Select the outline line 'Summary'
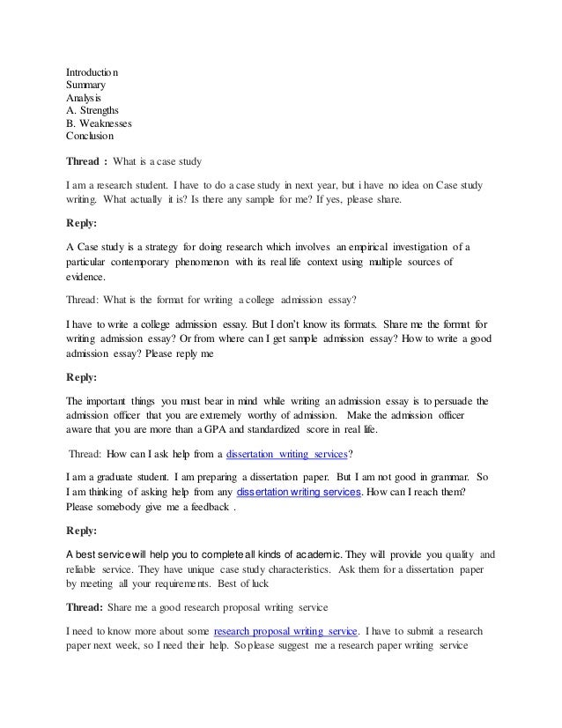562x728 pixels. (87, 85)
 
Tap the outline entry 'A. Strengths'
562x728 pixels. (94, 111)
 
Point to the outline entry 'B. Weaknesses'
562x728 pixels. (100, 124)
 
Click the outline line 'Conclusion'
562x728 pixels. (90, 137)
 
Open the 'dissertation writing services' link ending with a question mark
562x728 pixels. (287, 456)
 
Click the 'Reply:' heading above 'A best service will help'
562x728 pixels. (85, 531)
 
